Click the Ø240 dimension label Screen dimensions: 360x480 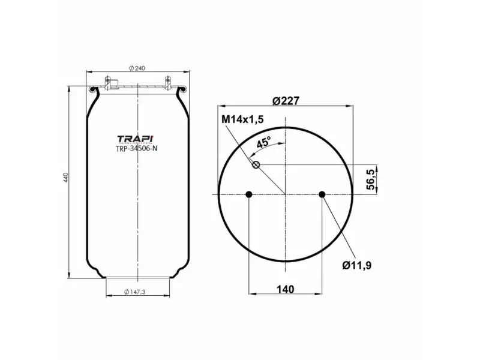tap(137, 68)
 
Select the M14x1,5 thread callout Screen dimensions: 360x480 tap(243, 119)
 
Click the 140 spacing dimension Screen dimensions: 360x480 tap(286, 289)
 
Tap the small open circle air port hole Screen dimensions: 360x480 tap(256, 165)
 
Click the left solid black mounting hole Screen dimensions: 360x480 tap(249, 194)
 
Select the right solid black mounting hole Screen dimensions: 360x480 tap(322, 194)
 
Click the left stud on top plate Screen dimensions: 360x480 tap(109, 82)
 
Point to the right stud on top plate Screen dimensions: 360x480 tap(167, 82)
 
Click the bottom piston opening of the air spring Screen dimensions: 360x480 tap(137, 277)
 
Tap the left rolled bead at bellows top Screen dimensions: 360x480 tap(92, 91)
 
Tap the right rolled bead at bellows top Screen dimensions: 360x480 tap(183, 91)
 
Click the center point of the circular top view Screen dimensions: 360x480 tap(286, 194)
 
